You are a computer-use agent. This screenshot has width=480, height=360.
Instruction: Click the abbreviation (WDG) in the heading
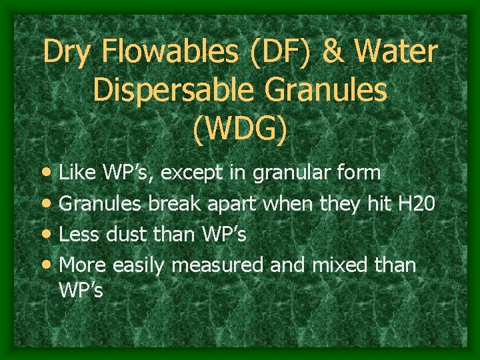(x=240, y=129)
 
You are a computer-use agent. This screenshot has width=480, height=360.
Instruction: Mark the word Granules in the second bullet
(x=101, y=204)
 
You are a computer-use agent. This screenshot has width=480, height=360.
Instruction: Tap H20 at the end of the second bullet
(x=417, y=204)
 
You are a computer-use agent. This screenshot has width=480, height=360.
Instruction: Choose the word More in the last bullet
(x=83, y=265)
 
